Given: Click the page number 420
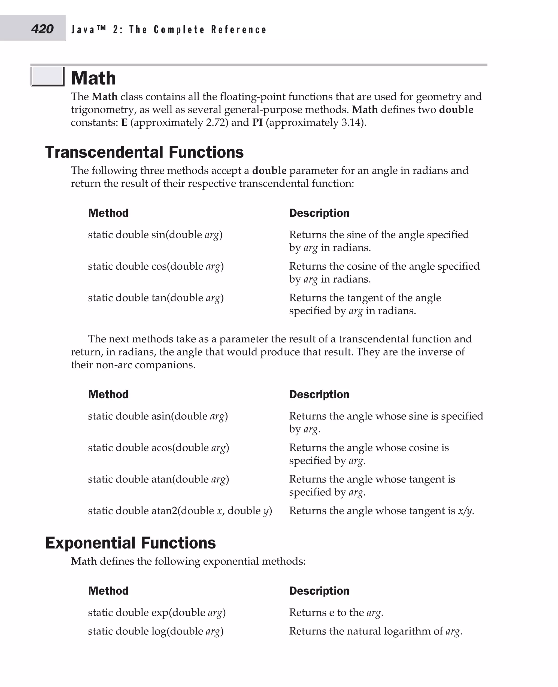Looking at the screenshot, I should (42, 29).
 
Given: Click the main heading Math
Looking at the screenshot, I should (93, 78).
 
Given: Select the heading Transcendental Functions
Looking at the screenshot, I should (144, 152).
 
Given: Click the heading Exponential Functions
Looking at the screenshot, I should (130, 543).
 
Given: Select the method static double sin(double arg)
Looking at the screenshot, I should (155, 234).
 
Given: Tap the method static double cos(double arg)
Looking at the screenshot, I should (156, 266).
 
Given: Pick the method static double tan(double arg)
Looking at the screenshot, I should (156, 297).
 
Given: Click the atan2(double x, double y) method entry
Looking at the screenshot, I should (180, 510).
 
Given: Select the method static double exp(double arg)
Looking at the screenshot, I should (157, 612).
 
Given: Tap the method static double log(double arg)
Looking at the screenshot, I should (156, 631).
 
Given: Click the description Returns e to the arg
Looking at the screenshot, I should (336, 612).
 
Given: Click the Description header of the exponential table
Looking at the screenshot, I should (319, 590).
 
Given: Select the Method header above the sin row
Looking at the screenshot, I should (108, 213).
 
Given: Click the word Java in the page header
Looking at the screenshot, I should (83, 30).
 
